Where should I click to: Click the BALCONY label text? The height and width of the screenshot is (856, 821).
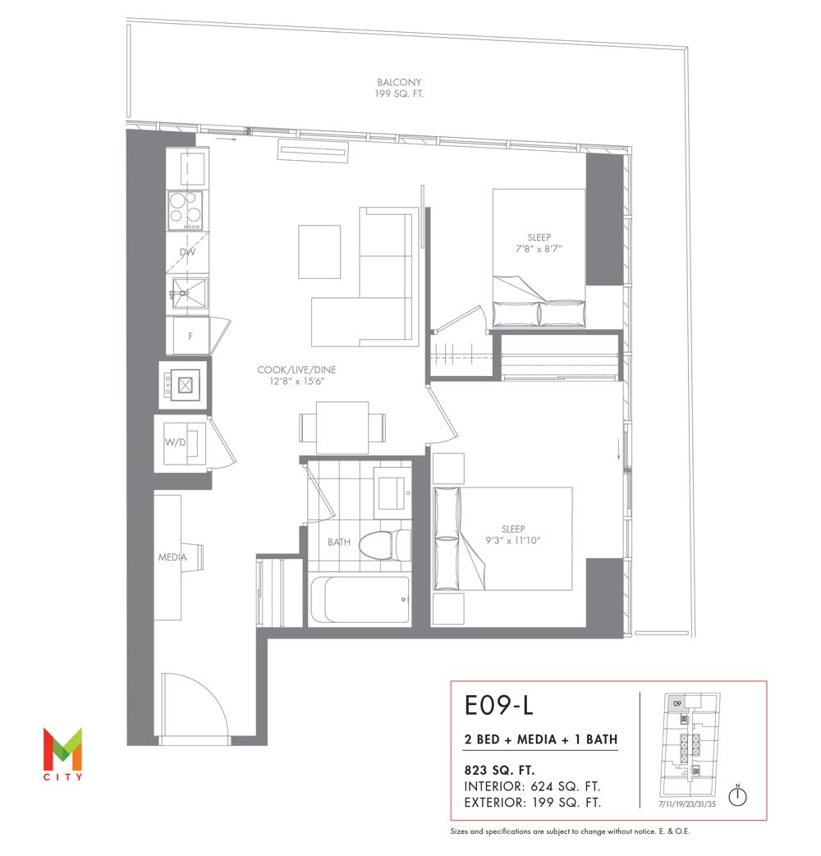click(399, 82)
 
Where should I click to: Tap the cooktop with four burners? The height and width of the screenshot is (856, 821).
click(186, 211)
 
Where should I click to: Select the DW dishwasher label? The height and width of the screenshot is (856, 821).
click(187, 252)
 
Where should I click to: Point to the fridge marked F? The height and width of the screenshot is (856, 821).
click(190, 336)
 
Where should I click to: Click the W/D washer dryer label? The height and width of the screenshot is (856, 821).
click(176, 442)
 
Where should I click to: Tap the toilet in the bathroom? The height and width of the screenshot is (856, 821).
click(386, 545)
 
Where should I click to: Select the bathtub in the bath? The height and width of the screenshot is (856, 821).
click(360, 599)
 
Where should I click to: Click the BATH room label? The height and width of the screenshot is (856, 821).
click(339, 542)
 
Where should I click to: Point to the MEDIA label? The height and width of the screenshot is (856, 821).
click(172, 557)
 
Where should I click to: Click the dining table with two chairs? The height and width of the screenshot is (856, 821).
click(342, 428)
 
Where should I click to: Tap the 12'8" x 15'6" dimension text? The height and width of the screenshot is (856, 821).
click(296, 381)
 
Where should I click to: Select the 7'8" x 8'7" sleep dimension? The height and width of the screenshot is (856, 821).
click(539, 249)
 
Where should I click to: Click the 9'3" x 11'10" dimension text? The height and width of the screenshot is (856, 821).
click(513, 541)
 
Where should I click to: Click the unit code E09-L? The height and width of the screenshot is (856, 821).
click(498, 705)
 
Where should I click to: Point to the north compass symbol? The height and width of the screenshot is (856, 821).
click(738, 795)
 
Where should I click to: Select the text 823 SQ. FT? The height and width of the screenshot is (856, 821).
click(499, 771)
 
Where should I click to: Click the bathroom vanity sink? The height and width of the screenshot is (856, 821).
click(392, 493)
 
